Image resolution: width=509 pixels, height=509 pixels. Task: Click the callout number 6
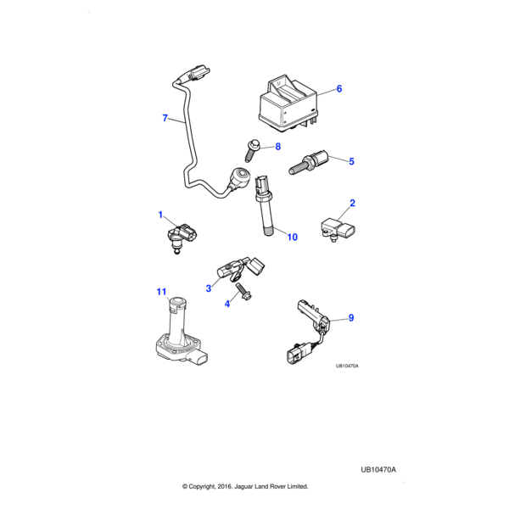point(338,88)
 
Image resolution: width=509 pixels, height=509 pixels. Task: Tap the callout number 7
point(165,118)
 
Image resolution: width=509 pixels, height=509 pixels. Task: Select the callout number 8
point(277,147)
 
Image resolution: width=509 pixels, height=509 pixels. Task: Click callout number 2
point(352,203)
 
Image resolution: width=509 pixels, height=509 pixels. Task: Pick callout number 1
point(159,215)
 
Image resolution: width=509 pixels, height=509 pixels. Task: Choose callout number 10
point(292,237)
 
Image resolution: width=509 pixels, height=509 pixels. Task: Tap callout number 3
point(208,288)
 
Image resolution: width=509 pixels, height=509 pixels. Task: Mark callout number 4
point(227,303)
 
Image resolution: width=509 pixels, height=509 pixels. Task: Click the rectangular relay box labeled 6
point(288,102)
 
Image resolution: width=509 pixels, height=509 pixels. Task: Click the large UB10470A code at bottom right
point(378,469)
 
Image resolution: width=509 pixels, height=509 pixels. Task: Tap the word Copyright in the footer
point(212,486)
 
